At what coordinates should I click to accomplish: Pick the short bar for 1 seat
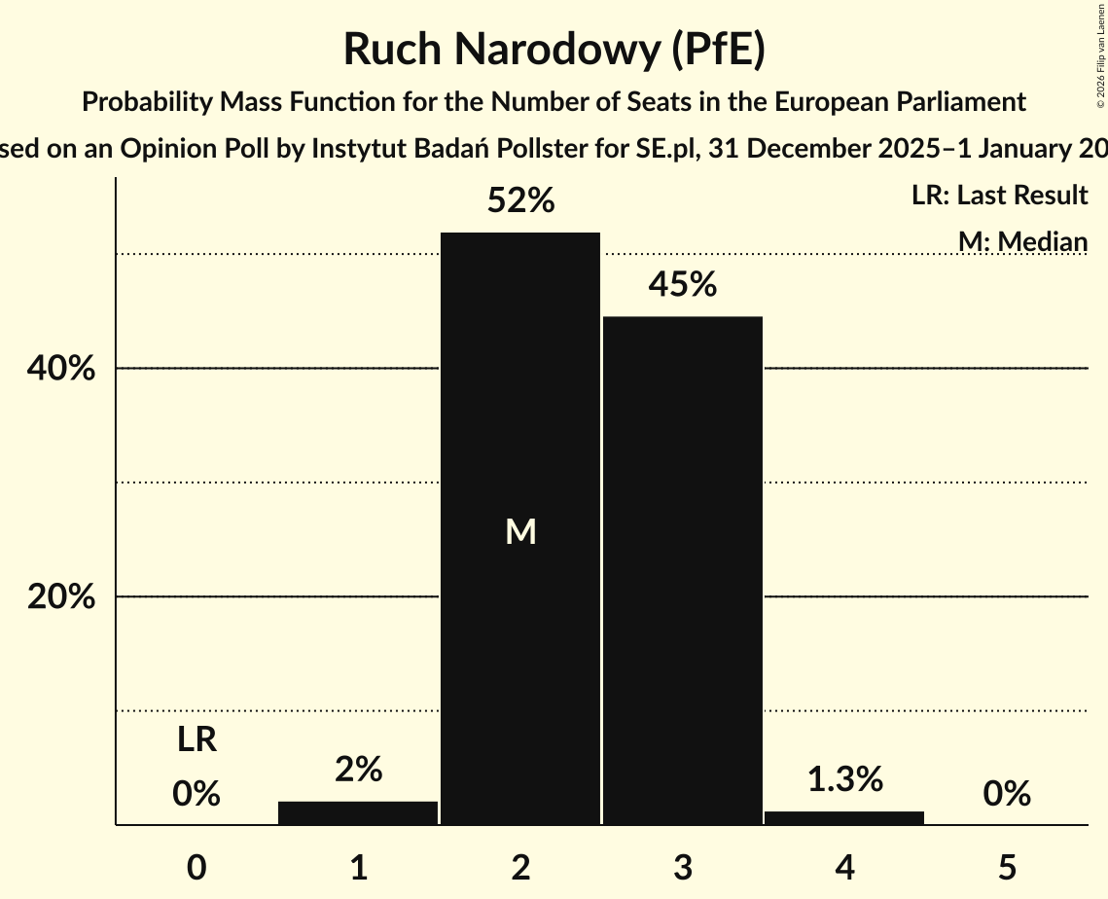pos(358,813)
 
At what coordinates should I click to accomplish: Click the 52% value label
pos(520,201)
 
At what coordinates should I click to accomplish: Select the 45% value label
pos(683,285)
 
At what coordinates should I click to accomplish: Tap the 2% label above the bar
pos(358,770)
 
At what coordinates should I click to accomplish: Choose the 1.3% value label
pos(844,779)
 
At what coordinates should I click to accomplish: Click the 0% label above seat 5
pos(1007,794)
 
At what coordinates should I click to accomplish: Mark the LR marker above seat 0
pos(197,740)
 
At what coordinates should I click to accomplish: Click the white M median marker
pos(521,531)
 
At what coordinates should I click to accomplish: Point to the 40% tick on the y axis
pos(61,369)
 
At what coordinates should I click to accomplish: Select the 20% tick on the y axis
pos(61,596)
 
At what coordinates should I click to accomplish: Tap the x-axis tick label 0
pos(197,867)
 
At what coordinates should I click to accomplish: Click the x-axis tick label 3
pos(683,867)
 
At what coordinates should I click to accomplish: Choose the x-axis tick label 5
pos(1007,867)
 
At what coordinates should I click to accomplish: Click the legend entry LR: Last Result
pos(999,196)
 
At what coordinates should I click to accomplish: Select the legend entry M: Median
pos(1022,241)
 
